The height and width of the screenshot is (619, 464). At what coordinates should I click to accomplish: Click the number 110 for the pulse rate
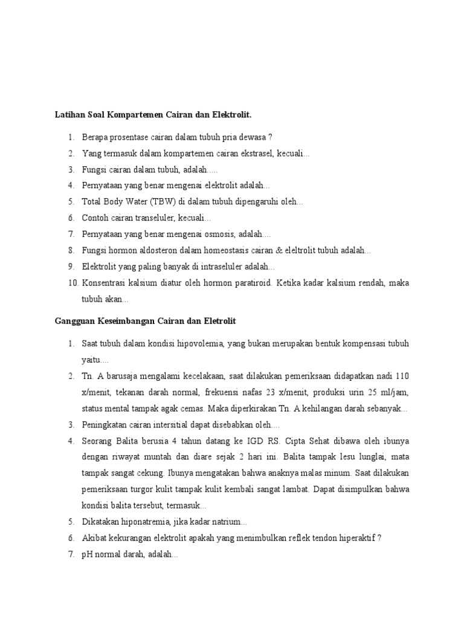click(x=402, y=376)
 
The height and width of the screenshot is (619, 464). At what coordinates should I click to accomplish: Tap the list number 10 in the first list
click(x=72, y=282)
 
